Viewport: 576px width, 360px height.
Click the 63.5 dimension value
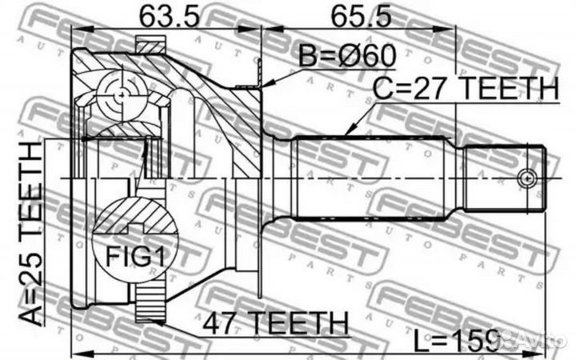[x=165, y=16]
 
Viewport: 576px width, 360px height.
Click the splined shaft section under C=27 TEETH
[x=369, y=178]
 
